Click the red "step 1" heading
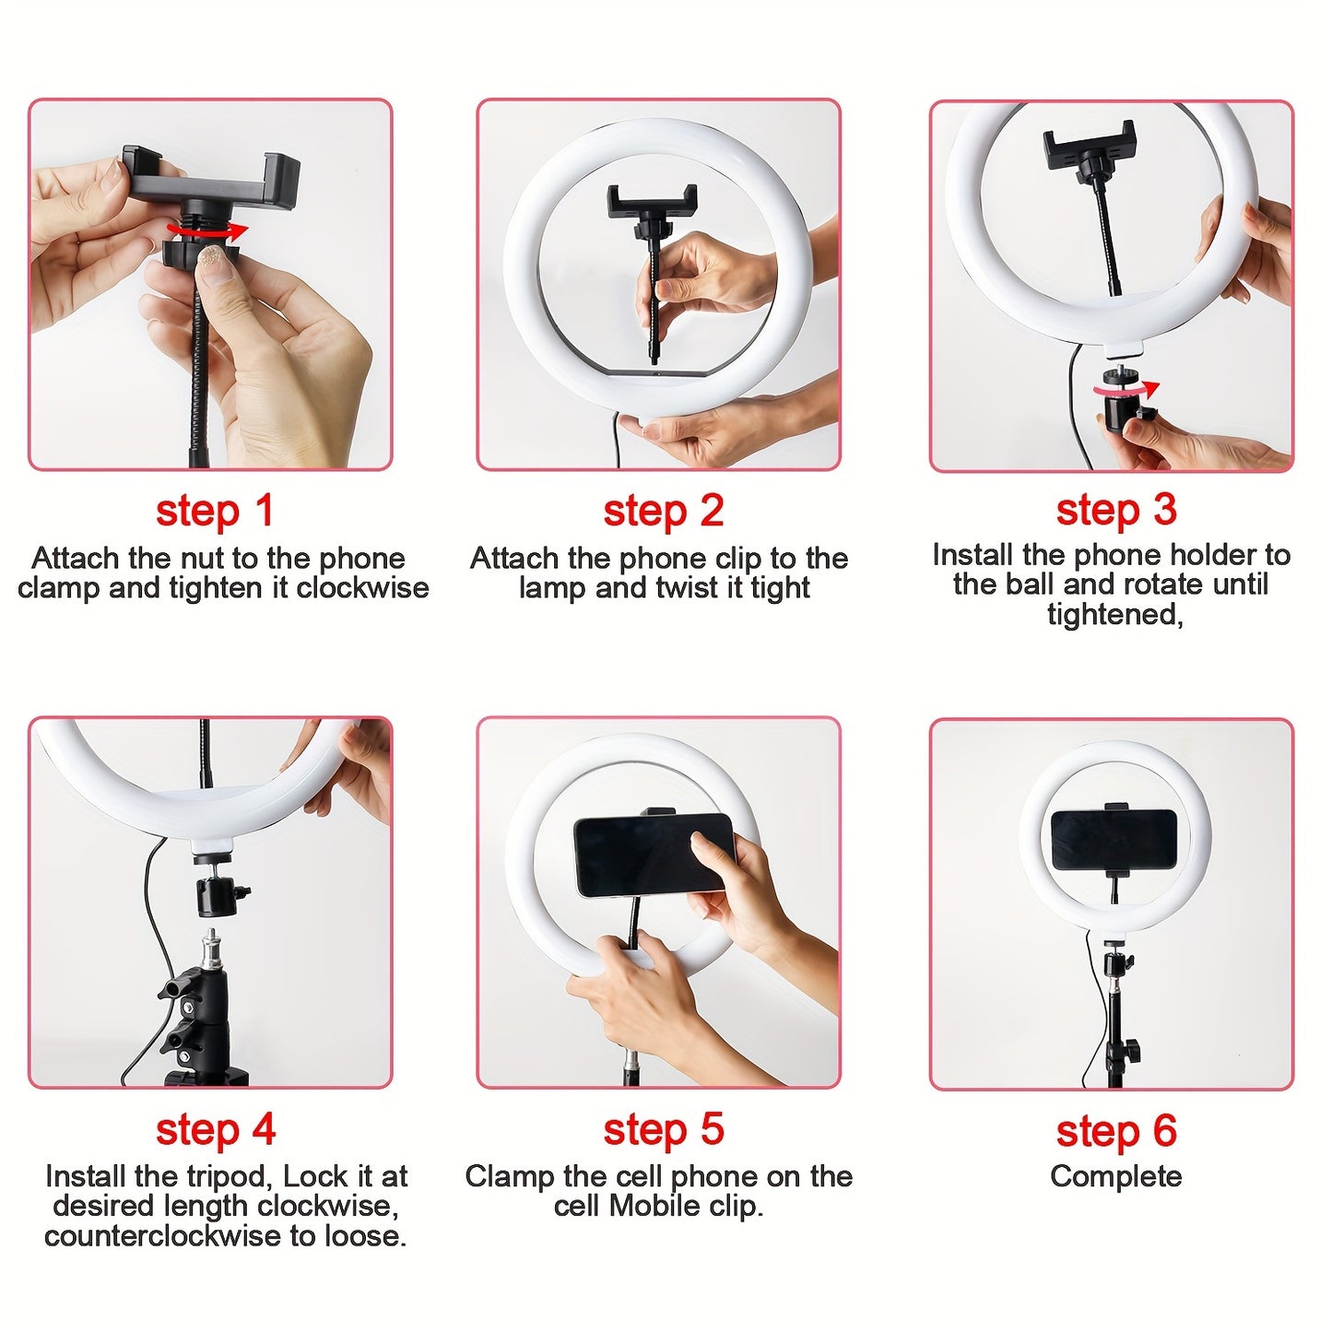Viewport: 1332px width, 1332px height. tap(215, 511)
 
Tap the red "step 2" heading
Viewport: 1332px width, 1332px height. tap(663, 511)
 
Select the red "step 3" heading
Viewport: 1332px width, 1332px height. tap(1115, 509)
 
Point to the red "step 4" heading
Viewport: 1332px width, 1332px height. tap(215, 1129)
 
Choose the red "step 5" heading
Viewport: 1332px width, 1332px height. tap(663, 1129)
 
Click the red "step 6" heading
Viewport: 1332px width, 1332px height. tap(1115, 1131)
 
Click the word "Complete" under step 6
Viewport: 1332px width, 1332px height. tap(1115, 1176)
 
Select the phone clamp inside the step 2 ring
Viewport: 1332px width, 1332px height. tap(652, 203)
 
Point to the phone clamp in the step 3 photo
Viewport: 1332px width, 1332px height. tap(1090, 147)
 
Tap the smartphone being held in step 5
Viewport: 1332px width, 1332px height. tap(651, 854)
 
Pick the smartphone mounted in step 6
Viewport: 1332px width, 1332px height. tap(1114, 839)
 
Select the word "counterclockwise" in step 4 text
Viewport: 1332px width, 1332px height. tap(163, 1236)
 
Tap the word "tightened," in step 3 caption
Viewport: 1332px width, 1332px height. tap(1114, 614)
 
